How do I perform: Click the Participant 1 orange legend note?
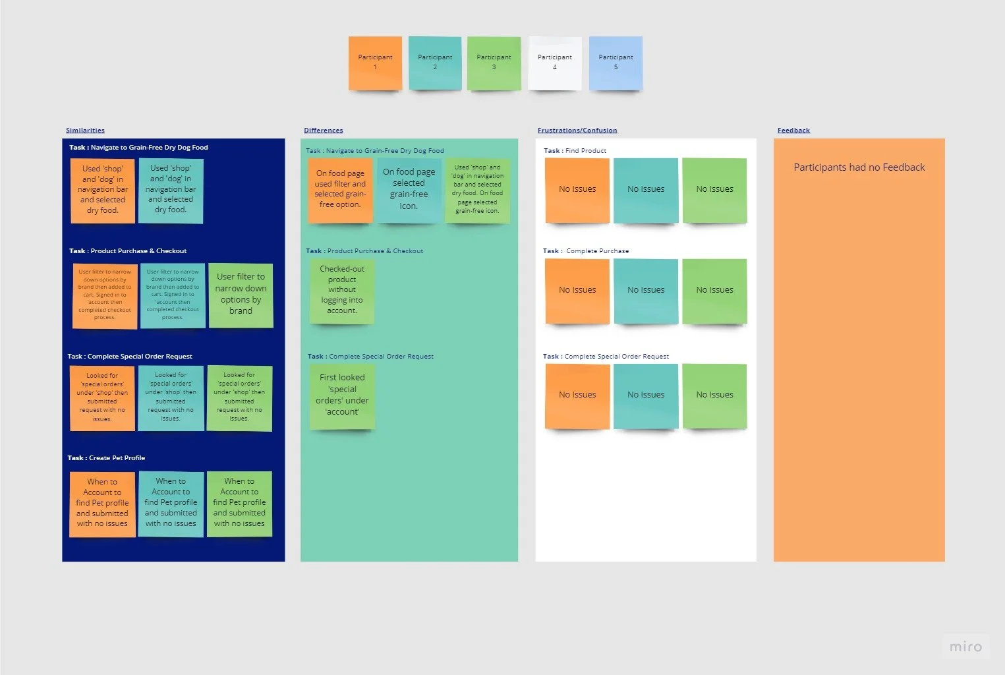click(375, 63)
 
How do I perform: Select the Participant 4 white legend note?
click(555, 63)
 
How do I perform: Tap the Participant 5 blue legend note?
click(616, 63)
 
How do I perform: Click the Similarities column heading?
click(85, 131)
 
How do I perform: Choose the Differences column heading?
click(323, 131)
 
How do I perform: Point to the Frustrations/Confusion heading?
click(577, 131)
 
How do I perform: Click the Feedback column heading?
click(793, 131)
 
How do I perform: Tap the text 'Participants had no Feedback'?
click(859, 167)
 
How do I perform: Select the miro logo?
click(965, 647)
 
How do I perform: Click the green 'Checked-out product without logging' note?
click(342, 290)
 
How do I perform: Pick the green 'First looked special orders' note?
click(342, 396)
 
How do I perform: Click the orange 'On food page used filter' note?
click(340, 189)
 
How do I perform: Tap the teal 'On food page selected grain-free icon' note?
click(409, 189)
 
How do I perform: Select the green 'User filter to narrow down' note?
click(241, 294)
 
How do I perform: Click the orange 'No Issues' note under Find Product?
click(577, 189)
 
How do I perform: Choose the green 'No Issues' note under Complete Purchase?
click(714, 290)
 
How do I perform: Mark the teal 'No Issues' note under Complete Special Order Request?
click(646, 395)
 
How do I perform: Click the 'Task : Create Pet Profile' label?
click(106, 457)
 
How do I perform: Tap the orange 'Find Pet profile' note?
click(102, 503)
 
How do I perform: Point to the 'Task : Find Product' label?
click(575, 151)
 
